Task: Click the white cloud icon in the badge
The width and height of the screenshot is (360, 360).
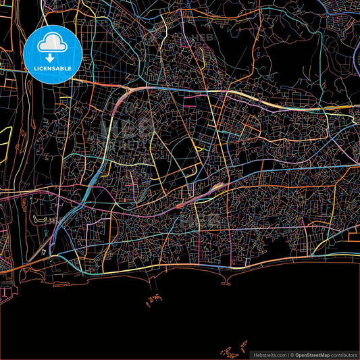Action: coord(51,44)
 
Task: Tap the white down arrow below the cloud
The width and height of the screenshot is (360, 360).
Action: coord(51,57)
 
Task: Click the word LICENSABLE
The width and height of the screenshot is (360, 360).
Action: coord(51,68)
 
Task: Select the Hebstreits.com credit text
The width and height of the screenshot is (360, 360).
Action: coord(268,354)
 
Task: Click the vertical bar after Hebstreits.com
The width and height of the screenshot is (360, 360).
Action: coord(288,354)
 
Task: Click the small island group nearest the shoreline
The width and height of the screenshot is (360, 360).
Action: coord(155,297)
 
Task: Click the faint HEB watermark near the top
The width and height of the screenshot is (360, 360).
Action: coord(203,37)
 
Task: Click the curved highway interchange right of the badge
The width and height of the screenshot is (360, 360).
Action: coord(128,95)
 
